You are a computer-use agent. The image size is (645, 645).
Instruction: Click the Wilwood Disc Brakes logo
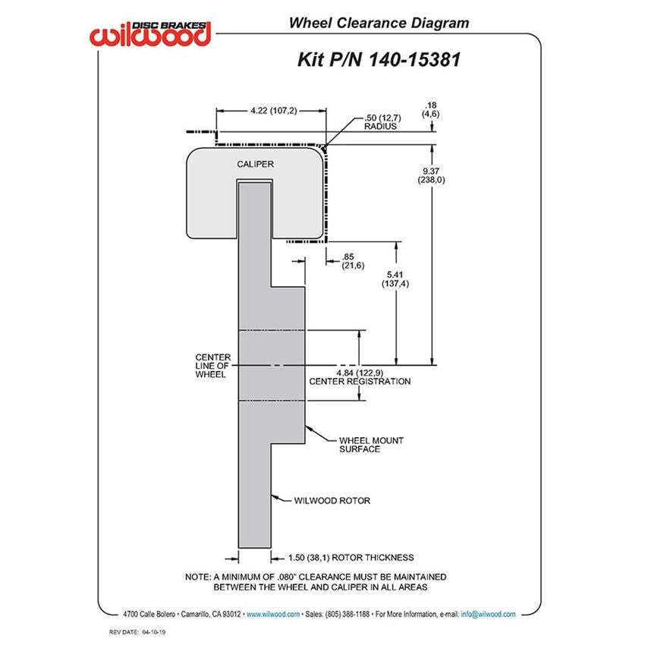click(150, 33)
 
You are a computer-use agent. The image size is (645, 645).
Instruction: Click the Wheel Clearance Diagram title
click(379, 23)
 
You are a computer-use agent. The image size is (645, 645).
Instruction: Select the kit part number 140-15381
click(414, 59)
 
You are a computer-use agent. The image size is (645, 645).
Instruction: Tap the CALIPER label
click(255, 164)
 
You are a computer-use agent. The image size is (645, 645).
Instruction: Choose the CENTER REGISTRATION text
click(360, 382)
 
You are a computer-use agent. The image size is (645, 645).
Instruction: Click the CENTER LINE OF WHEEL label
click(212, 366)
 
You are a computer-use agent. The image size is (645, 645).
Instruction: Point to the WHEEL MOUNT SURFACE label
click(371, 445)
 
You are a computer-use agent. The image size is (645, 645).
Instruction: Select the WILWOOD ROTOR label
click(332, 501)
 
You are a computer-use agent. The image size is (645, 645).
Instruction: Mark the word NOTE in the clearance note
click(197, 577)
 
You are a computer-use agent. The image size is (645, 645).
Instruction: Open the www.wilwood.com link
click(273, 614)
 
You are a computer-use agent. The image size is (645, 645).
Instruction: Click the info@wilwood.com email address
click(488, 614)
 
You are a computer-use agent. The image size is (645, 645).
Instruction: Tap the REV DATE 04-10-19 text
click(137, 632)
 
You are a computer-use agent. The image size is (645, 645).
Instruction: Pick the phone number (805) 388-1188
click(348, 614)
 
